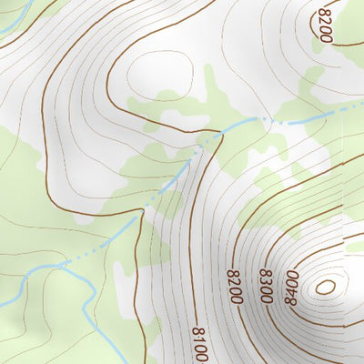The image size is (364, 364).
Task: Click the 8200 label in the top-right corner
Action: (x=325, y=25)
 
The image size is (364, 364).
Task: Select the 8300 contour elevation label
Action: (x=265, y=285)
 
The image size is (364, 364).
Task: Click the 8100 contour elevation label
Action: (x=199, y=345)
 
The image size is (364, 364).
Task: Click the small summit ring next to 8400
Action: (x=324, y=288)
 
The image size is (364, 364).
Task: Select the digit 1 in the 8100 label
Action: (x=199, y=341)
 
